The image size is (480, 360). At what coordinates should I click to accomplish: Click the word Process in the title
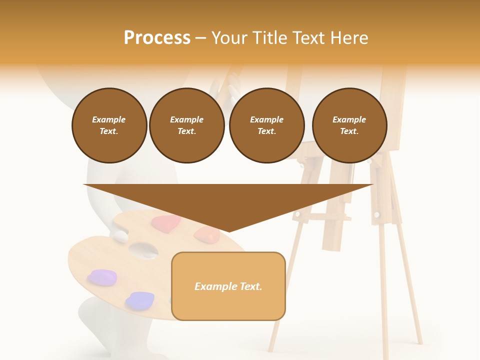(x=157, y=38)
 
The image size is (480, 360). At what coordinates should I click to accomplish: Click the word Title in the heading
(x=268, y=38)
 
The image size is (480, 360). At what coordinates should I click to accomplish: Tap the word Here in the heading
(x=349, y=38)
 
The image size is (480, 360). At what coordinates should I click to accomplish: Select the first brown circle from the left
(x=109, y=125)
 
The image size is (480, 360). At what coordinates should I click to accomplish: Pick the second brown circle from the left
(x=187, y=125)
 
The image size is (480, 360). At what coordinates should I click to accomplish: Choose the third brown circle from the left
(x=266, y=125)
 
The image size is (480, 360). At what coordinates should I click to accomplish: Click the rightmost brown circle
(x=349, y=125)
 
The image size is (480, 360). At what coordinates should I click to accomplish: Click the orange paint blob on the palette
(x=206, y=233)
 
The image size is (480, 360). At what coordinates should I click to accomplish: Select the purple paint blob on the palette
(x=102, y=277)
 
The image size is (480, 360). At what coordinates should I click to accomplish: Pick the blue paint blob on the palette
(x=140, y=300)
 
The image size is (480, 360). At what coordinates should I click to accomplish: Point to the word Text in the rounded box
(x=248, y=286)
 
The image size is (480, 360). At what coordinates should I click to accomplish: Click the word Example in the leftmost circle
(x=109, y=119)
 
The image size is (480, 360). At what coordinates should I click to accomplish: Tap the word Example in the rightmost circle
(x=349, y=119)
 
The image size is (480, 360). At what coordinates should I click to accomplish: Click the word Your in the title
(x=229, y=38)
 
